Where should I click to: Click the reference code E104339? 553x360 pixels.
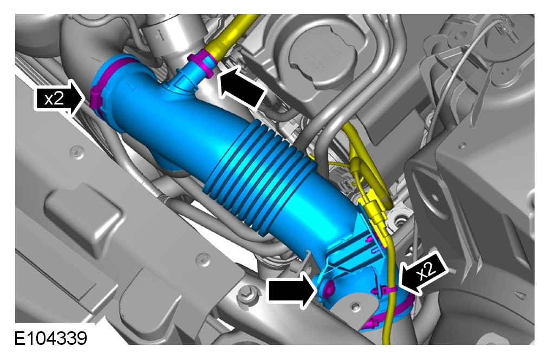pyautogui.click(x=51, y=338)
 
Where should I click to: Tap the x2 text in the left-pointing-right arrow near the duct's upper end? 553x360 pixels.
pyautogui.click(x=54, y=99)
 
